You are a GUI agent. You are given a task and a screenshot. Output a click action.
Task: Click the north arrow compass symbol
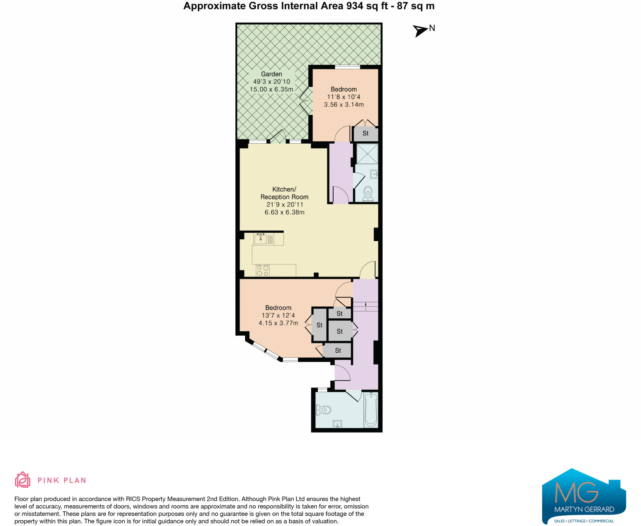[x=420, y=31]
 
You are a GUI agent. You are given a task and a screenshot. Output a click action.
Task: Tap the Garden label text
[x=271, y=74]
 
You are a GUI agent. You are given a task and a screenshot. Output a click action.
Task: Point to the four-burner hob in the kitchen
[x=263, y=271]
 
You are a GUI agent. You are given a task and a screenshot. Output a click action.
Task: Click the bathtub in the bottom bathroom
[x=371, y=410]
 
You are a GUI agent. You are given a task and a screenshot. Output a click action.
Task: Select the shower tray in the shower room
[x=367, y=154]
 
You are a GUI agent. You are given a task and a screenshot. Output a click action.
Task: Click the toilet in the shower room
[x=368, y=194]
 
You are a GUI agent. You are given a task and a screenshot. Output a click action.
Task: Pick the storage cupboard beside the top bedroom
[x=366, y=134]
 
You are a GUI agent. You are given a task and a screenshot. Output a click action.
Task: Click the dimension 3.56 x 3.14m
[x=344, y=105]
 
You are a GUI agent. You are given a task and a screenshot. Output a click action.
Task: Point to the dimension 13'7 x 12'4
[x=278, y=315]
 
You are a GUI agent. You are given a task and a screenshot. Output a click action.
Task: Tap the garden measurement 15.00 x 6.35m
[x=271, y=89]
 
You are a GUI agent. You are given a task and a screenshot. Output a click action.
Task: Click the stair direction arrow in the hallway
[x=366, y=306]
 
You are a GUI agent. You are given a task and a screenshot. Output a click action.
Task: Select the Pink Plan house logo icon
[x=23, y=479]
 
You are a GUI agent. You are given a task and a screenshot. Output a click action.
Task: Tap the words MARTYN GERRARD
[x=584, y=509]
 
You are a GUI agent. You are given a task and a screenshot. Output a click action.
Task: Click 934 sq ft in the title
[x=367, y=6]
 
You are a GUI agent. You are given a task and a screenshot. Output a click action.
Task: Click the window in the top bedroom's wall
[x=347, y=67]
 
